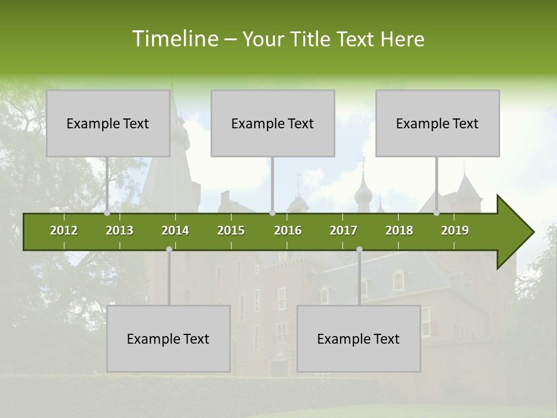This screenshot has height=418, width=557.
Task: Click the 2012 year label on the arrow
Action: click(64, 230)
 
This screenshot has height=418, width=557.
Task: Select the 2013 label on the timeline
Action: click(120, 230)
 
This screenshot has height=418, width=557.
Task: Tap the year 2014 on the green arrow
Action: click(175, 230)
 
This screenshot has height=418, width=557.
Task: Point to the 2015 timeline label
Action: click(231, 230)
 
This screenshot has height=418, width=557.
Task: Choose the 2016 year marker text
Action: click(288, 230)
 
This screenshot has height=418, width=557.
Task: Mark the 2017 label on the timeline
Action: click(343, 230)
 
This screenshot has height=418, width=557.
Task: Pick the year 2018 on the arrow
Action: click(399, 230)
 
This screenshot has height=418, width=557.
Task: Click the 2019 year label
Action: click(455, 230)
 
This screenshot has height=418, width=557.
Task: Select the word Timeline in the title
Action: click(174, 39)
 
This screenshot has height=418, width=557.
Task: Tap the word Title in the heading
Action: click(312, 39)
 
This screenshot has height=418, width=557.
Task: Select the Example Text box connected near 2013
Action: click(108, 123)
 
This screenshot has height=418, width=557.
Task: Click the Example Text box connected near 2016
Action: click(273, 123)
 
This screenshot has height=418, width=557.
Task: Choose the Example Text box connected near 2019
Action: click(437, 123)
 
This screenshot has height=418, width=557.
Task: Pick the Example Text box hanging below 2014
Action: click(168, 338)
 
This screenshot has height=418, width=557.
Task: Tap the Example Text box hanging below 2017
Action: click(359, 338)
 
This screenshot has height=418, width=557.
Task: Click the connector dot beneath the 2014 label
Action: click(169, 250)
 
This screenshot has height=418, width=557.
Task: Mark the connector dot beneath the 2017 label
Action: click(359, 250)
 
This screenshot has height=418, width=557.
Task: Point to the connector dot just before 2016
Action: click(272, 213)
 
